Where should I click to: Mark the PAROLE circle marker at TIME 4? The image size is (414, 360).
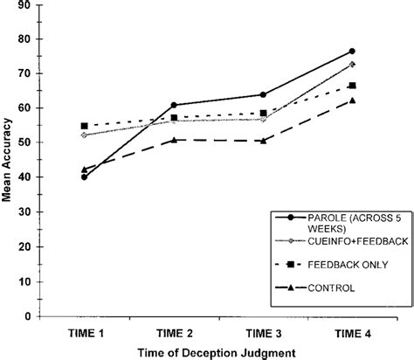click(x=352, y=52)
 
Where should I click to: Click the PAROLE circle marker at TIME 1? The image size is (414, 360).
click(x=85, y=177)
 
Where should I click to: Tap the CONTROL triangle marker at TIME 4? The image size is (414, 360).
click(x=352, y=100)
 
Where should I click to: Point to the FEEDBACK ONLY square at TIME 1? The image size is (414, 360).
click(x=85, y=126)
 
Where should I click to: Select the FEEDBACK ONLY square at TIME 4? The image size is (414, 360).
click(x=352, y=86)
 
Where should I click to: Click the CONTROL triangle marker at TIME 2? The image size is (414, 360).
click(x=174, y=140)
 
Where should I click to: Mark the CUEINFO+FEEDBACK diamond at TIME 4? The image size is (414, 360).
click(x=352, y=65)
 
